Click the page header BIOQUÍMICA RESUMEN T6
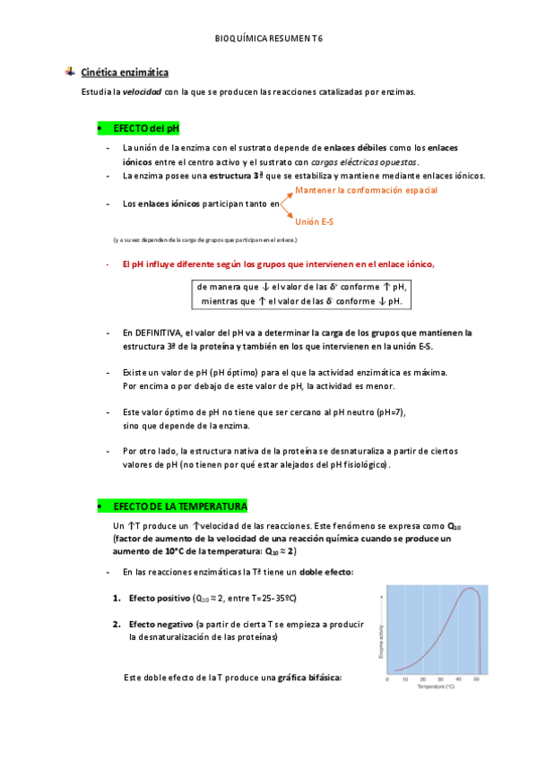(x=269, y=39)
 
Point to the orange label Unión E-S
(x=314, y=221)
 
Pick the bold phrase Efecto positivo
(x=160, y=598)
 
